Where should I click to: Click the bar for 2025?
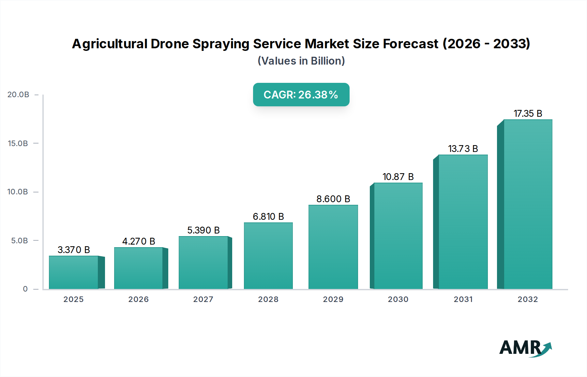click(74, 272)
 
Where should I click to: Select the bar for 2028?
click(268, 256)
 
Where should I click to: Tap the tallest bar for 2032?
click(528, 204)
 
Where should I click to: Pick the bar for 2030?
click(398, 236)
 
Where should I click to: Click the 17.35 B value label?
click(528, 113)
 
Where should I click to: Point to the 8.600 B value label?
click(333, 199)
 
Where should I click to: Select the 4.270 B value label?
click(139, 241)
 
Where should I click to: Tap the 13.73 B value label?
click(463, 149)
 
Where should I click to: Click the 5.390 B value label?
click(203, 230)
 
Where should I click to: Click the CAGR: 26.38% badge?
click(301, 95)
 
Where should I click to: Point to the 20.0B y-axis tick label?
click(18, 95)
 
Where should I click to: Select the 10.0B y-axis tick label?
click(18, 192)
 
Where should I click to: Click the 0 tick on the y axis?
click(25, 289)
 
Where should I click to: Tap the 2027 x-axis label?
click(203, 299)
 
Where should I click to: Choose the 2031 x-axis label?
click(463, 299)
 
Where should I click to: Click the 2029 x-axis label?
click(333, 299)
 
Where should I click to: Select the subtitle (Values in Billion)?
click(301, 61)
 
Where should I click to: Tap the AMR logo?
click(525, 348)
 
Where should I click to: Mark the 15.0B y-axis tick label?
click(18, 143)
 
